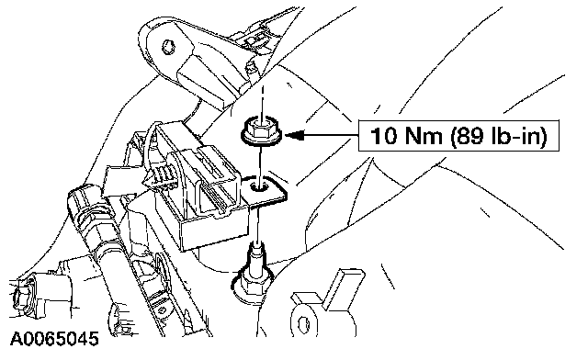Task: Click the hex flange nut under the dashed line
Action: coord(262,131)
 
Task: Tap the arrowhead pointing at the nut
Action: coord(294,135)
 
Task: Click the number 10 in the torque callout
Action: coord(383,136)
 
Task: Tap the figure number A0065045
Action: coord(54,339)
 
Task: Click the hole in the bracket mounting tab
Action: coord(259,186)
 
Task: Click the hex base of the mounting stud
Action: coord(253,285)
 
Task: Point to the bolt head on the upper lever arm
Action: coord(168,47)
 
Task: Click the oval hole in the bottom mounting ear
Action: coord(303,323)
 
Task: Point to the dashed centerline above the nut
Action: coord(263,100)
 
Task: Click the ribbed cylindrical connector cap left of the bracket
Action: coord(82,209)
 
